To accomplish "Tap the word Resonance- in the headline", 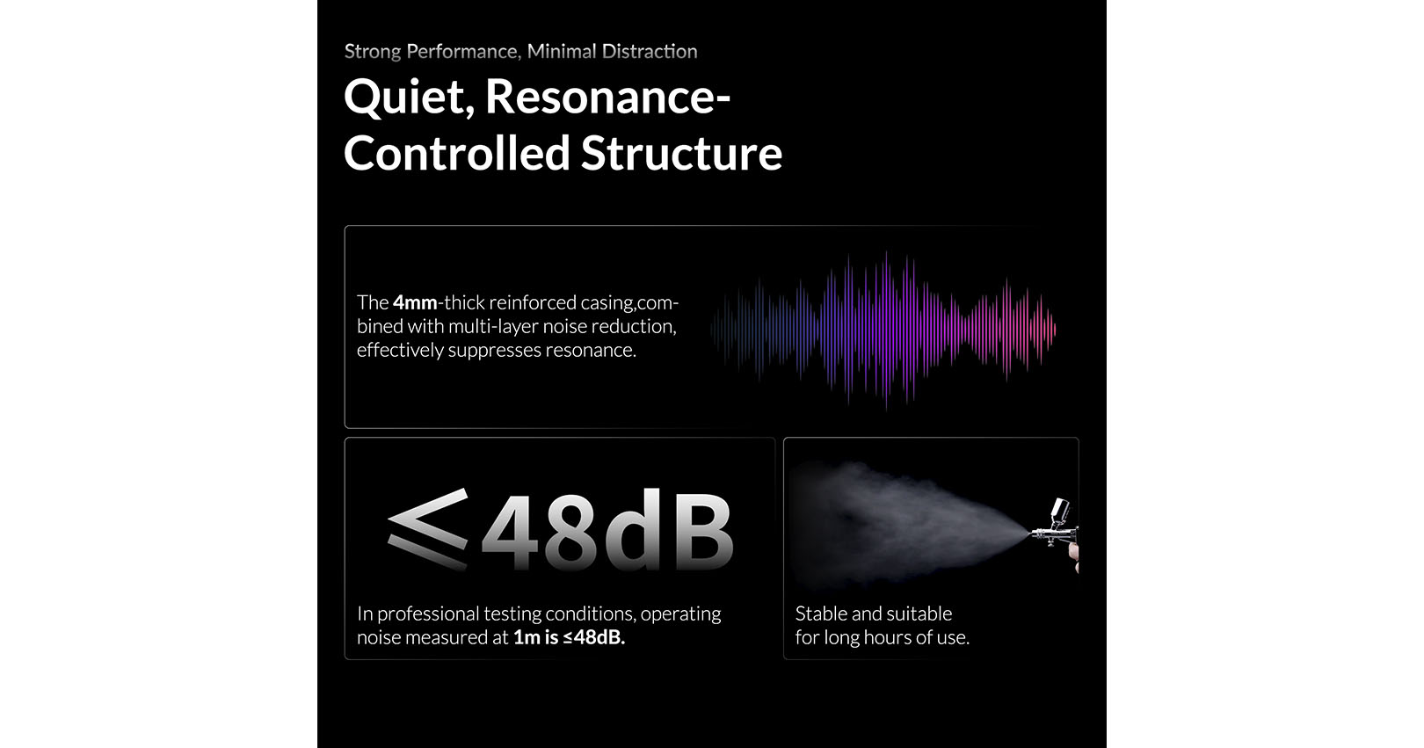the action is click(607, 97).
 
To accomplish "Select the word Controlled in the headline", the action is click(456, 153).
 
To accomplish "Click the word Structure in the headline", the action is click(681, 153).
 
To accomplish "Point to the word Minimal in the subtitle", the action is click(562, 51).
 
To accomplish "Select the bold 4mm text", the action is click(415, 302).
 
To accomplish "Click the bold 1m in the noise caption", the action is click(526, 637).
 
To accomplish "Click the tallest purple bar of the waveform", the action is click(887, 330).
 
